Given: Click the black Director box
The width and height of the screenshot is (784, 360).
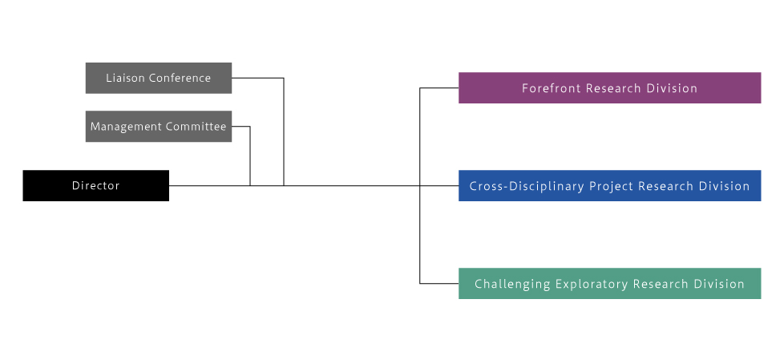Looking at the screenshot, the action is click(96, 185).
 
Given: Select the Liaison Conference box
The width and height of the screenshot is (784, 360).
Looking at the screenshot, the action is click(159, 78).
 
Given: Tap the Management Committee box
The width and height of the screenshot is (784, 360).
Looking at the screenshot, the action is click(159, 127).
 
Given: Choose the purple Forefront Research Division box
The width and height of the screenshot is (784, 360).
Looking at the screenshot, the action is click(609, 88).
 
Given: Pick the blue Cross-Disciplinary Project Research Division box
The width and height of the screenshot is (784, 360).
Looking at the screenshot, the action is click(609, 185).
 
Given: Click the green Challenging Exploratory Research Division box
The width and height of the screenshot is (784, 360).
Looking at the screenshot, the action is click(609, 284).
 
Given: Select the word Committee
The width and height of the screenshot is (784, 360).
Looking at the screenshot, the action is click(196, 127).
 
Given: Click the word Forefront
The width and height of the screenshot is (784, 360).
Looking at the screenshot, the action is click(552, 88).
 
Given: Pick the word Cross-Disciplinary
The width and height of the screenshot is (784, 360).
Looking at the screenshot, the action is click(527, 187).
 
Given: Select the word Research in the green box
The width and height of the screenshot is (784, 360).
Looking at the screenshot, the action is click(661, 284).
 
